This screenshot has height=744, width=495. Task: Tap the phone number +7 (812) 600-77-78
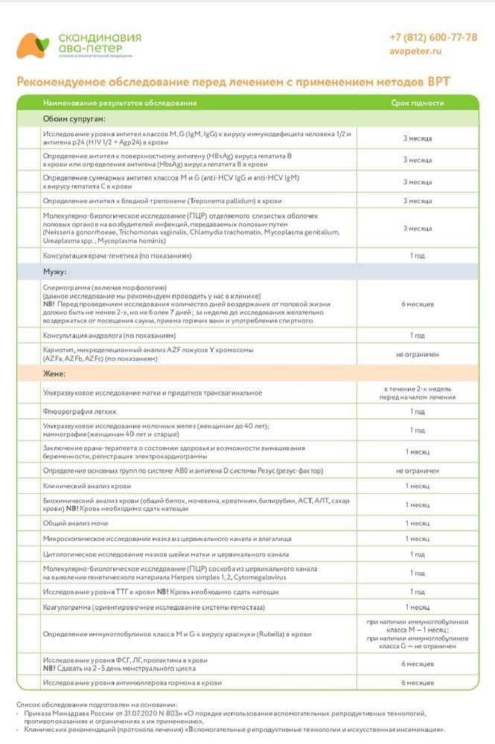432,37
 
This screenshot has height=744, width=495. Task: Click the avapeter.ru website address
415,51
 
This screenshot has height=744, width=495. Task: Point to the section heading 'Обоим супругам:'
74,118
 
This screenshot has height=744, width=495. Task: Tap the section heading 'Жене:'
55,373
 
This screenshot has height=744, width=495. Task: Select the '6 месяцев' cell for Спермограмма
418,304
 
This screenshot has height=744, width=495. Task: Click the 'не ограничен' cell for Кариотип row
418,355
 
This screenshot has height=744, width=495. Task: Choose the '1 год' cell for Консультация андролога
418,336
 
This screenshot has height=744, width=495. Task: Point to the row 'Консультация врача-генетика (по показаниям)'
118,256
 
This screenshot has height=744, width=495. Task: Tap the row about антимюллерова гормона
132,682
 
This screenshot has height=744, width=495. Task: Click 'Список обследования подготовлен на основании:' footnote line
97,704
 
